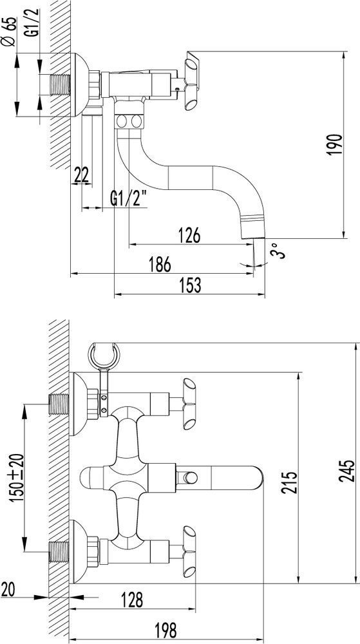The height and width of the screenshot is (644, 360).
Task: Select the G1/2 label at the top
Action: [34, 22]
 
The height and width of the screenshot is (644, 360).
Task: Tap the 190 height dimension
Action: [336, 144]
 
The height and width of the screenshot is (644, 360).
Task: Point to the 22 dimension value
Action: [81, 175]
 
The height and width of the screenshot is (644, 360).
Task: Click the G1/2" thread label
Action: [129, 200]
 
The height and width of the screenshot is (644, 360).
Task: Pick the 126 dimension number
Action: [189, 236]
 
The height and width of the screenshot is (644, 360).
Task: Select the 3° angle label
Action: [278, 251]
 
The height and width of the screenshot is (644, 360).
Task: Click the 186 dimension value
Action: [160, 265]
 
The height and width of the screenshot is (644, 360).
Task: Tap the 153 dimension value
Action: [190, 285]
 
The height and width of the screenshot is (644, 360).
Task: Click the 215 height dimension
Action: [289, 482]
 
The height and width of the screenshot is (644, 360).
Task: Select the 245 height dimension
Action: [347, 471]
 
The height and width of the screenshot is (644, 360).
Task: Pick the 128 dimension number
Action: [131, 600]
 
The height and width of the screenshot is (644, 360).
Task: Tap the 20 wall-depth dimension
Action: [8, 590]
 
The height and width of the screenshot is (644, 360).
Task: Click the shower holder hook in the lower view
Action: [104, 354]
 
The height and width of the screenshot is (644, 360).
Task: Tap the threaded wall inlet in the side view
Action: [60, 85]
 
